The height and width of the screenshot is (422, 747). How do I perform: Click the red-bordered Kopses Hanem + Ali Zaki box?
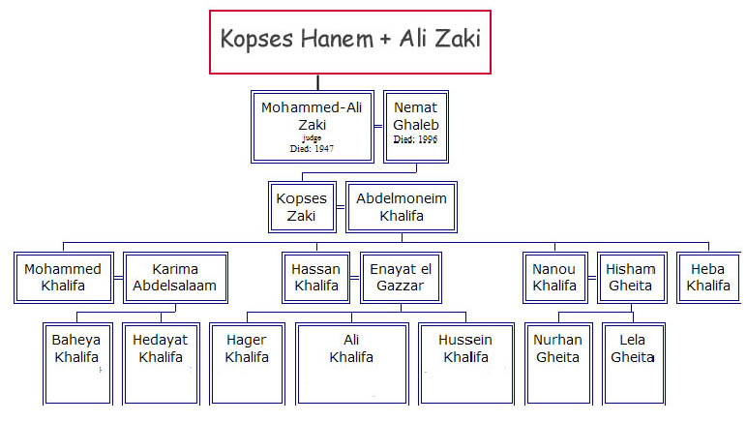(350, 42)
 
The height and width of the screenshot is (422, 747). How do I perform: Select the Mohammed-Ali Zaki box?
(312, 127)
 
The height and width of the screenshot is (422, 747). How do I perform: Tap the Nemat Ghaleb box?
(416, 127)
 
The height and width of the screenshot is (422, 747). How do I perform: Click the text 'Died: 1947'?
(312, 149)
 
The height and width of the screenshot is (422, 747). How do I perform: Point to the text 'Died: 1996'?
(415, 139)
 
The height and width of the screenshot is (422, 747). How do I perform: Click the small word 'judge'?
(312, 138)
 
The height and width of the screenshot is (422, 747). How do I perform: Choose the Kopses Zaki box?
(302, 207)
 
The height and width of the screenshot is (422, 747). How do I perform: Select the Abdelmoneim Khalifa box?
(402, 207)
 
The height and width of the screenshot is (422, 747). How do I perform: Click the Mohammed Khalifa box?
(64, 278)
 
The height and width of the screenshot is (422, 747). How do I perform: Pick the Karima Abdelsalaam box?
(175, 278)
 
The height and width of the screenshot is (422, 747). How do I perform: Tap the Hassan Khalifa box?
(316, 278)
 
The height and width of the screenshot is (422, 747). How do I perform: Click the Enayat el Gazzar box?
(401, 278)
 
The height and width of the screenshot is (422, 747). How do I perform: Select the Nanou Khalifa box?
(555, 278)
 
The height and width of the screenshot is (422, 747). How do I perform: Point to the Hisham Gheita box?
(631, 278)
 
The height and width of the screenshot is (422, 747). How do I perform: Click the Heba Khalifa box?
(708, 278)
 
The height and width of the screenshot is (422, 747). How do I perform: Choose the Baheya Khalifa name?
(76, 348)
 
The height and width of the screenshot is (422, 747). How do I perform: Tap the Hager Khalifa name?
(247, 348)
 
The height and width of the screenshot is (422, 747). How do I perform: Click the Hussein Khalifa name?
(466, 348)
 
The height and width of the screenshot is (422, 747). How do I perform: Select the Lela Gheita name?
(633, 348)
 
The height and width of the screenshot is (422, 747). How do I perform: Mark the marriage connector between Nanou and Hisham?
(592, 278)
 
